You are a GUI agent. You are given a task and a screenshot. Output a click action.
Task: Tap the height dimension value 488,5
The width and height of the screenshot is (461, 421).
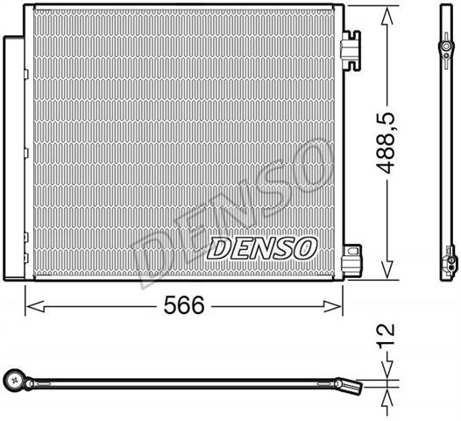(386, 143)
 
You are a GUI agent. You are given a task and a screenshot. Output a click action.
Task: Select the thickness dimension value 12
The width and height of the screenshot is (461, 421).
(386, 336)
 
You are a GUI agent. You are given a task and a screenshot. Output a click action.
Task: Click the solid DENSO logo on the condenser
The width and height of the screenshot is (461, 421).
(262, 248)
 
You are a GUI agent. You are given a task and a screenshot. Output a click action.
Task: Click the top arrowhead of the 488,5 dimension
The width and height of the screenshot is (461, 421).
(387, 17)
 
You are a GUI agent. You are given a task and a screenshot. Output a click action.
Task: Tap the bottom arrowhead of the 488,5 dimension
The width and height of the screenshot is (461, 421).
(387, 269)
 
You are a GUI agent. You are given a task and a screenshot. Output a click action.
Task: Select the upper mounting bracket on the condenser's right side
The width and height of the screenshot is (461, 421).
(351, 50)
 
